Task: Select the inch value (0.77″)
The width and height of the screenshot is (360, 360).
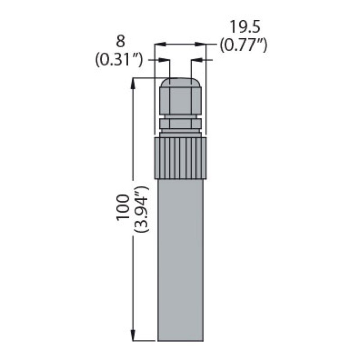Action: point(243,45)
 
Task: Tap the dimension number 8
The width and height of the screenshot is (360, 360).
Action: point(120,41)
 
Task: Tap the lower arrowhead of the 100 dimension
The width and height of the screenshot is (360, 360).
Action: point(133,337)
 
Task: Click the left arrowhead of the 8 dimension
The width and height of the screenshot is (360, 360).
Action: point(167,59)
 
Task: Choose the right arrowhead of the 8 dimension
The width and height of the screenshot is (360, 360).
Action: point(194,59)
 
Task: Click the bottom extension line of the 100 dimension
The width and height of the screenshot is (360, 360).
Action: point(144,341)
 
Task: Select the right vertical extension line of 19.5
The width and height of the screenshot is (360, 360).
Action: point(207,90)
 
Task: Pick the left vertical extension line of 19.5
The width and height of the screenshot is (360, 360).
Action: point(154,90)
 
